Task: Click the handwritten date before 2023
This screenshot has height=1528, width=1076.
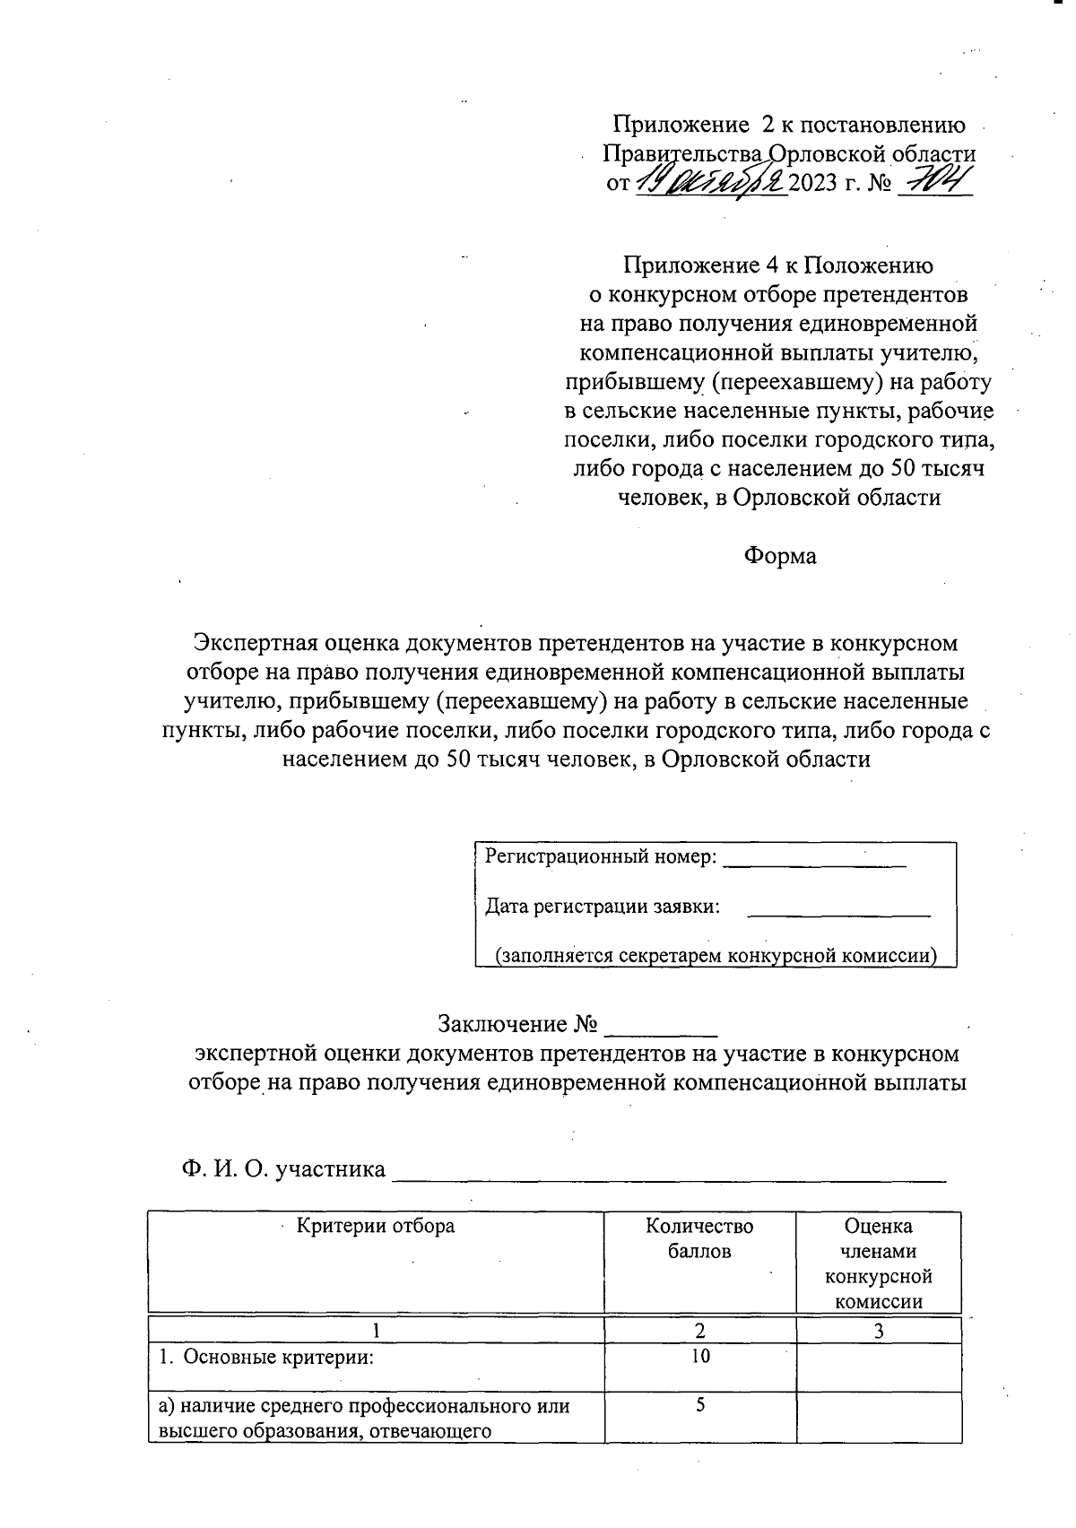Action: point(710,182)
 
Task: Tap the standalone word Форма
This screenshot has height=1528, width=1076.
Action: point(779,556)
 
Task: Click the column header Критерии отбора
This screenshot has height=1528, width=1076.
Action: point(376,1226)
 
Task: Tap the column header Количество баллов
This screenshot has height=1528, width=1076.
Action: point(699,1238)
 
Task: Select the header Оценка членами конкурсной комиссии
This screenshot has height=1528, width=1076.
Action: point(879,1263)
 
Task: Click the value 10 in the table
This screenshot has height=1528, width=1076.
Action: point(699,1356)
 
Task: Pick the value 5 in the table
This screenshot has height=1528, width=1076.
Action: point(699,1405)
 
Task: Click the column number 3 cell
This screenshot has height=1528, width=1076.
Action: point(879,1332)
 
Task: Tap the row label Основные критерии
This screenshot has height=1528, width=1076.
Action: point(265,1357)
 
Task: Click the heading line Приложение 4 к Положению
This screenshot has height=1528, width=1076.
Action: point(778,265)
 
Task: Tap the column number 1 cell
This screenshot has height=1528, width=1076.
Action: point(377,1332)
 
